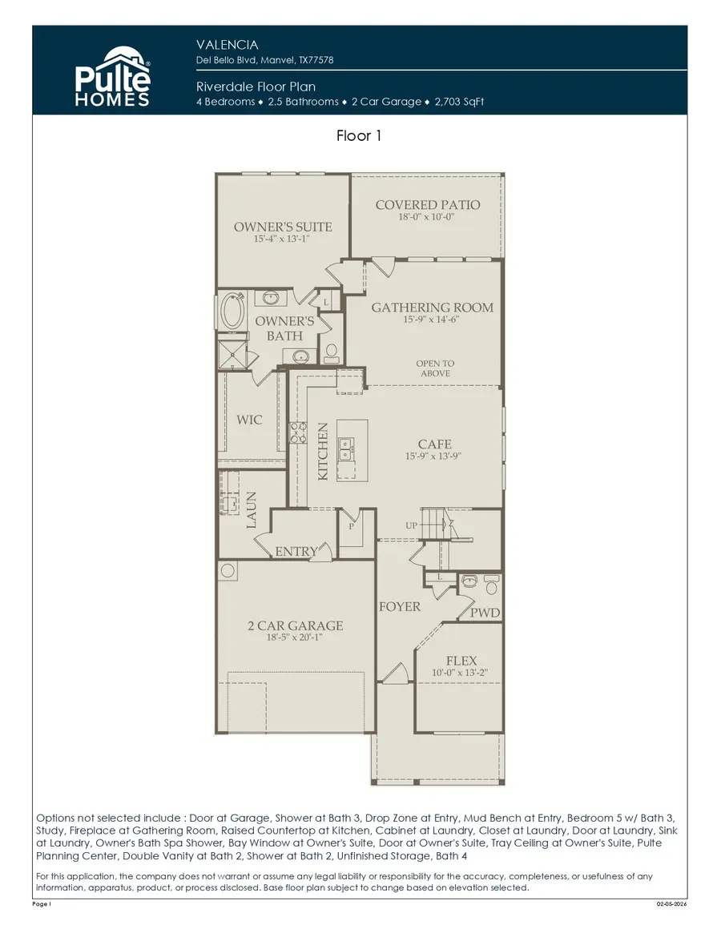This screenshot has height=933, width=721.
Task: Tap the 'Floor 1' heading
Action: click(359, 136)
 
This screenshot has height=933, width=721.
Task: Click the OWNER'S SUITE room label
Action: click(283, 227)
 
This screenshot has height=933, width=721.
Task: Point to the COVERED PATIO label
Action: click(428, 205)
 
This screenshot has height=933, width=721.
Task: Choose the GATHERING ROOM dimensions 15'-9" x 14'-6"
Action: click(432, 320)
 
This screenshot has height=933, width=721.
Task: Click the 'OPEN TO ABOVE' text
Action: click(435, 368)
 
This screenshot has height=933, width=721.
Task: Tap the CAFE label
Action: click(434, 444)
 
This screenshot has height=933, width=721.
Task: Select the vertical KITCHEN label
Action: click(323, 452)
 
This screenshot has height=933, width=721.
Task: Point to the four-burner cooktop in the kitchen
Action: click(297, 433)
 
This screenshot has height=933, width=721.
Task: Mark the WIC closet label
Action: click(249, 420)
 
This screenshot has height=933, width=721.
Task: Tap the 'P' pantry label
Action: click(351, 528)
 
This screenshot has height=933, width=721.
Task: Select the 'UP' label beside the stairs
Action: click(412, 526)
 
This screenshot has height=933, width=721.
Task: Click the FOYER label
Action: click(399, 606)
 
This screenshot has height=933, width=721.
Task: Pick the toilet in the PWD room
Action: click(492, 585)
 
